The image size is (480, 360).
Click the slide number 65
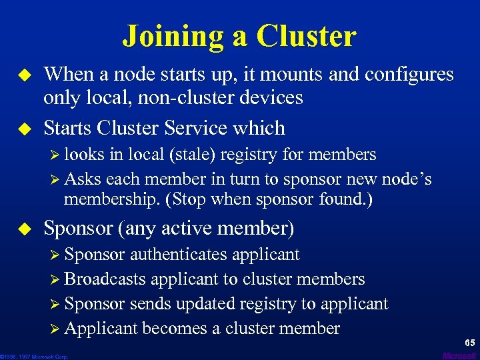pos(470,343)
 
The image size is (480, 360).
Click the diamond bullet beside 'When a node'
pos(27,75)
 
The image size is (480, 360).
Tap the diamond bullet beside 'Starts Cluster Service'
pos(27,127)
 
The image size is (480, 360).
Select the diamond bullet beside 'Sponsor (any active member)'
pos(27,228)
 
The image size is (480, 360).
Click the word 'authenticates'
pos(175,255)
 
